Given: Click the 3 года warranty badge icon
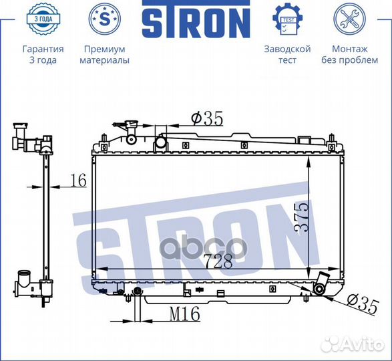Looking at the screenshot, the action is (x=43, y=19).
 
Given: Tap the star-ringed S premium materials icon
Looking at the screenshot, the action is (x=104, y=19).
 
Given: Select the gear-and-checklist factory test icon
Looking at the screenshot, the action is (x=288, y=19).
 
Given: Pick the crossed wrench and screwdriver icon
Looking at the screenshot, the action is (x=349, y=19).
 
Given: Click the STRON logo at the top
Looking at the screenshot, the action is (x=196, y=19).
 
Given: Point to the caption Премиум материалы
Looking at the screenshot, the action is (x=104, y=55).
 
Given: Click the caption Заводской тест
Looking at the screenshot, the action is (x=288, y=55).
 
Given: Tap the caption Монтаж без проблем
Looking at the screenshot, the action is (x=349, y=55).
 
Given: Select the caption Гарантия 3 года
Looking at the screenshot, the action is (x=43, y=55).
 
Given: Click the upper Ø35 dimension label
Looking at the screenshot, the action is (x=207, y=118).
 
